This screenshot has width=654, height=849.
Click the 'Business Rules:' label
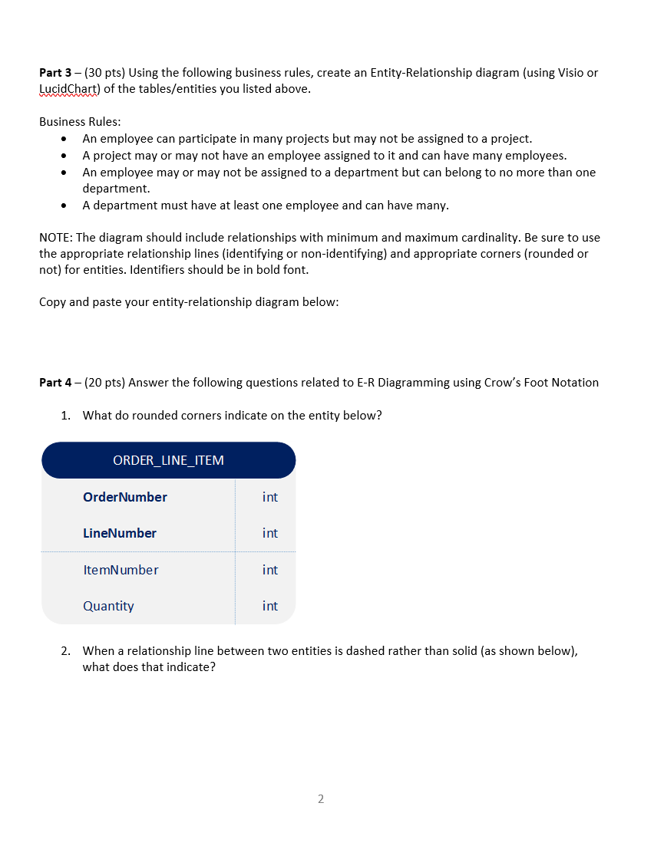(x=80, y=122)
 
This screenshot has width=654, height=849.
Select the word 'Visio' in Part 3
(x=567, y=73)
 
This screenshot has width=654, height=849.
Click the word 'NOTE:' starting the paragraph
(x=56, y=237)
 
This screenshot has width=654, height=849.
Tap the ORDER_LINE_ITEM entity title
(x=168, y=460)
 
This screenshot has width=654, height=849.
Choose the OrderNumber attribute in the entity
(x=124, y=497)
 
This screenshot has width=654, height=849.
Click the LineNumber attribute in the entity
(x=119, y=533)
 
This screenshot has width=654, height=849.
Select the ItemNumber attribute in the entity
(x=121, y=570)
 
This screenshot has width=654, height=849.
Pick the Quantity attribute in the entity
(x=108, y=606)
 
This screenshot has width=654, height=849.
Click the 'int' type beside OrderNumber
(x=269, y=497)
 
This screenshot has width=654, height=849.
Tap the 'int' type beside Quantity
(x=269, y=606)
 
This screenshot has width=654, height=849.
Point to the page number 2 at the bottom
(x=321, y=799)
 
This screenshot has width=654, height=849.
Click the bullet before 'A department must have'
(x=64, y=206)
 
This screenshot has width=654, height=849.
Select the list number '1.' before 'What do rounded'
(x=66, y=416)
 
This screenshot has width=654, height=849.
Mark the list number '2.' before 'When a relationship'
(x=66, y=651)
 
